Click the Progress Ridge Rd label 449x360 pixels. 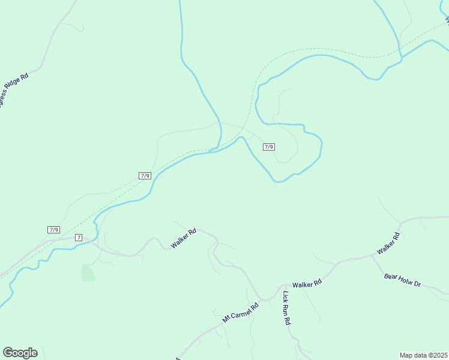pos(13,89)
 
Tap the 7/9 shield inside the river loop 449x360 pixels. pos(269,147)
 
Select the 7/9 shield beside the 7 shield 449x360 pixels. pos(54,230)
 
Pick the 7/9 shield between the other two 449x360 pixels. pos(145,175)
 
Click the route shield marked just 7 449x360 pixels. pos(79,238)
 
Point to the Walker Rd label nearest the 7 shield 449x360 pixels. pos(184,239)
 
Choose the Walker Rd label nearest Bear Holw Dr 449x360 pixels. pos(388,243)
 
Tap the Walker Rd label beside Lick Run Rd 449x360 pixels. pos(307,284)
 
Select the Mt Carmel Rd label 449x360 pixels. pos(240,312)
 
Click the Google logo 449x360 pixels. pos(20,353)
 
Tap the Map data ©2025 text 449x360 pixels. pos(423,355)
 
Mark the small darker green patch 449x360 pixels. pos(88,274)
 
